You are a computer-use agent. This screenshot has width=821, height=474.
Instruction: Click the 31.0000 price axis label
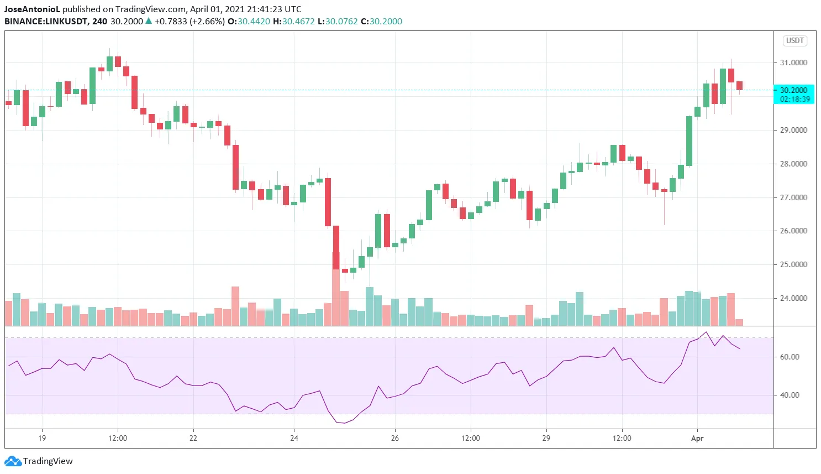click(x=793, y=62)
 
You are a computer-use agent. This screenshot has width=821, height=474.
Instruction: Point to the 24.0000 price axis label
click(x=793, y=298)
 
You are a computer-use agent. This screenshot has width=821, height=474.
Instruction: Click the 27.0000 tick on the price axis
click(x=793, y=197)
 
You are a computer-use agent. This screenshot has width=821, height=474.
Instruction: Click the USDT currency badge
click(x=795, y=41)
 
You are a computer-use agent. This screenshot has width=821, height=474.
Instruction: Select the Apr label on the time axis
click(x=697, y=438)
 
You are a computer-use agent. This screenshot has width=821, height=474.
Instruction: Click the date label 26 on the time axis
click(x=395, y=438)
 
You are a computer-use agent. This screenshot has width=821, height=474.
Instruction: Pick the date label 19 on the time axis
click(x=42, y=438)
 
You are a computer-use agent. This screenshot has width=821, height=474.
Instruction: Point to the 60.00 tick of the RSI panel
click(x=790, y=357)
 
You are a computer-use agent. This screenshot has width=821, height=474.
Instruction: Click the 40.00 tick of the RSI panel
click(x=790, y=395)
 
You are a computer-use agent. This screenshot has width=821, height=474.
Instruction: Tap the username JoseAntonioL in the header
click(x=32, y=9)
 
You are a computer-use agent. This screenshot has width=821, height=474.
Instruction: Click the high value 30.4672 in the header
click(x=298, y=21)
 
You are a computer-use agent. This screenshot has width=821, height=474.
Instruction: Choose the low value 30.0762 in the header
click(x=341, y=21)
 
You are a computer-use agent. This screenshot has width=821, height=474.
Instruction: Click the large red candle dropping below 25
click(x=336, y=247)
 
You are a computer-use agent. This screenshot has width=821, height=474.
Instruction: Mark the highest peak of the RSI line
click(x=706, y=332)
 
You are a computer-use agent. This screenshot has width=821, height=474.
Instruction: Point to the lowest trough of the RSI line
click(x=345, y=423)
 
